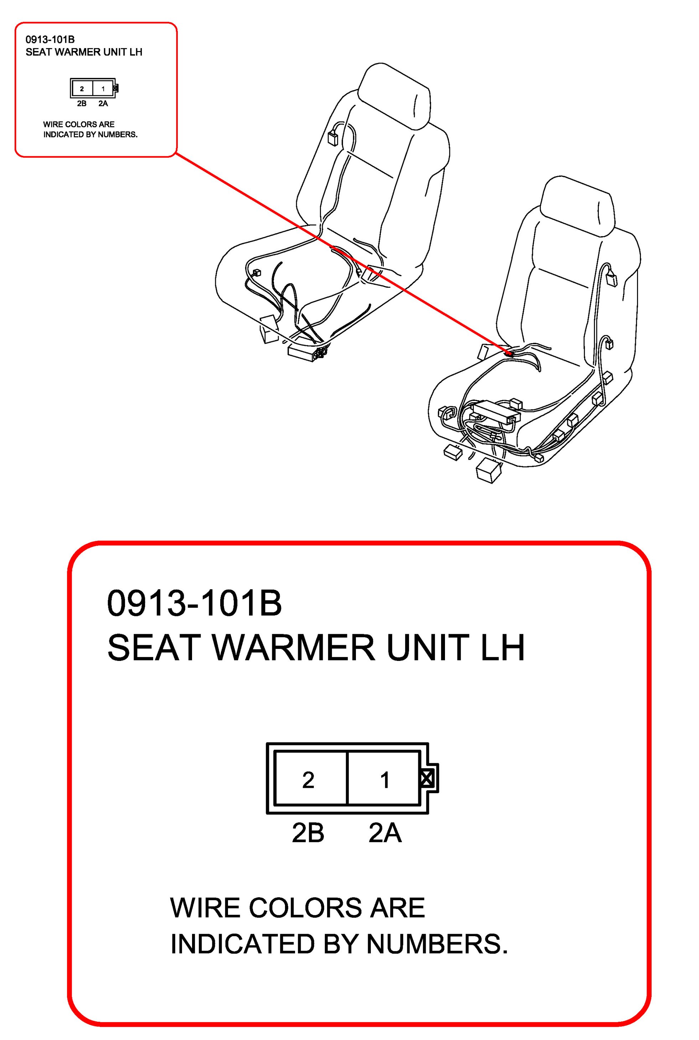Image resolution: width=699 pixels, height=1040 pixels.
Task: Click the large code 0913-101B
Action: (195, 603)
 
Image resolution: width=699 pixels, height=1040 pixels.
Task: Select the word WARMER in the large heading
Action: (295, 647)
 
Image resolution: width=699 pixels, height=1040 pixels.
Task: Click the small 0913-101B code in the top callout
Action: (50, 40)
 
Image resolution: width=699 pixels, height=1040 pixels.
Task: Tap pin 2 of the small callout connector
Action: (82, 89)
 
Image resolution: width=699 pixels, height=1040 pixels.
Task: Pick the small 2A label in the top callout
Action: (103, 103)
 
